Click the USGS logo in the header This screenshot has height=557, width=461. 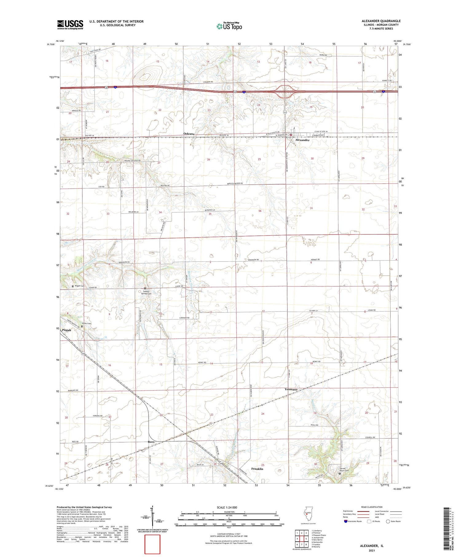(70, 25)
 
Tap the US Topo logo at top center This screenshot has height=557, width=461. (229, 26)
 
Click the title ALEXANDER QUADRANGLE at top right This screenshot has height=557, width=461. (381, 21)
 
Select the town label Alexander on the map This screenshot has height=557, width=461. (302, 140)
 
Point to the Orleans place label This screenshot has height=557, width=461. (189, 134)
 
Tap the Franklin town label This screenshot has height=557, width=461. (257, 469)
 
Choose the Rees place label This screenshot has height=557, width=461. (151, 442)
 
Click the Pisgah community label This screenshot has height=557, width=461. (66, 330)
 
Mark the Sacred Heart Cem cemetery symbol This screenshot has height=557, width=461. (340, 474)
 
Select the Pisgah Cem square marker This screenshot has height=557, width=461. (73, 286)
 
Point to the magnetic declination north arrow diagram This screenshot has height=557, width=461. (152, 519)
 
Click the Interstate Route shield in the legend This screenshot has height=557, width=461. (346, 521)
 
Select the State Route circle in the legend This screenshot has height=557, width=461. (388, 521)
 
